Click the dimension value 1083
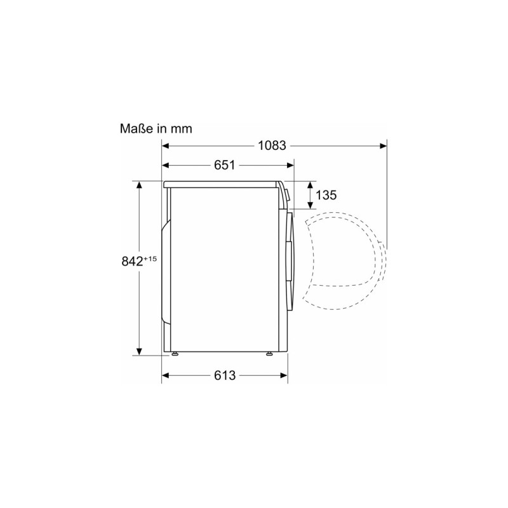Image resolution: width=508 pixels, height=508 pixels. (x=272, y=146)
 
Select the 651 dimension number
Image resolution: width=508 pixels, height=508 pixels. (x=224, y=165)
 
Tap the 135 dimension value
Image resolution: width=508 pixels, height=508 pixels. (x=326, y=195)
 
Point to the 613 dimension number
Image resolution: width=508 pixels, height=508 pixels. (x=225, y=375)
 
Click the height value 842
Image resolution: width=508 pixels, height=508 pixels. (x=132, y=261)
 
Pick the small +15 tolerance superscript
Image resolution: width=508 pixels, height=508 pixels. (x=150, y=258)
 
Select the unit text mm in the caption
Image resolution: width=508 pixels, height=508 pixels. (x=182, y=130)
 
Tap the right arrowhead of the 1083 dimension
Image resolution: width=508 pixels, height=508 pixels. (x=384, y=146)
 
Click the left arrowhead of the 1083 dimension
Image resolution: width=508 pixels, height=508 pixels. (x=166, y=146)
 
